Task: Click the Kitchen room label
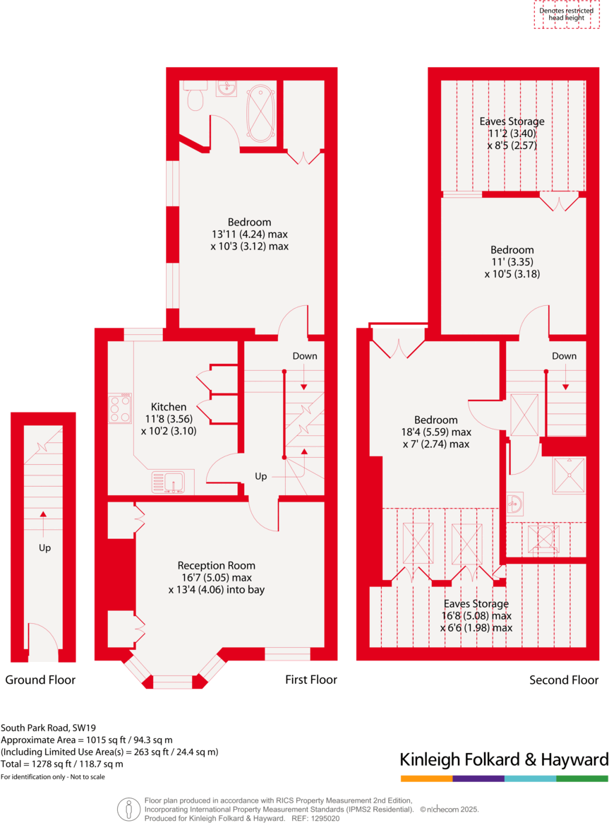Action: (169, 407)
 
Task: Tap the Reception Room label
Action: (216, 565)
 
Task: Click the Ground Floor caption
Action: (40, 680)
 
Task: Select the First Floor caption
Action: (310, 680)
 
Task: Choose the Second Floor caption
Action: (564, 680)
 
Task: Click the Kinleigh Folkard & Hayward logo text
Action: (504, 760)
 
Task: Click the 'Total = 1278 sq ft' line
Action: (62, 764)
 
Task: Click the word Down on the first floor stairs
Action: (305, 356)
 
